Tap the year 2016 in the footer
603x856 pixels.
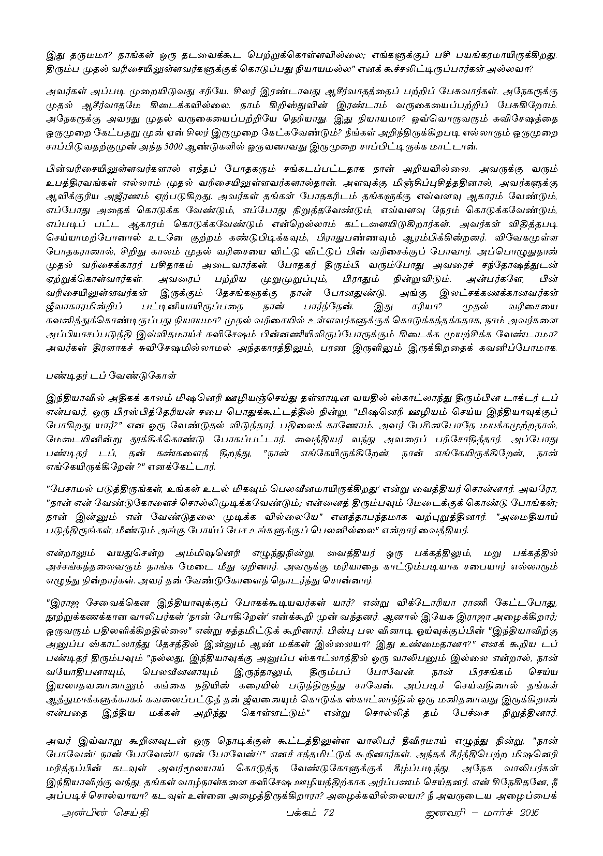pos(527,828)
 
